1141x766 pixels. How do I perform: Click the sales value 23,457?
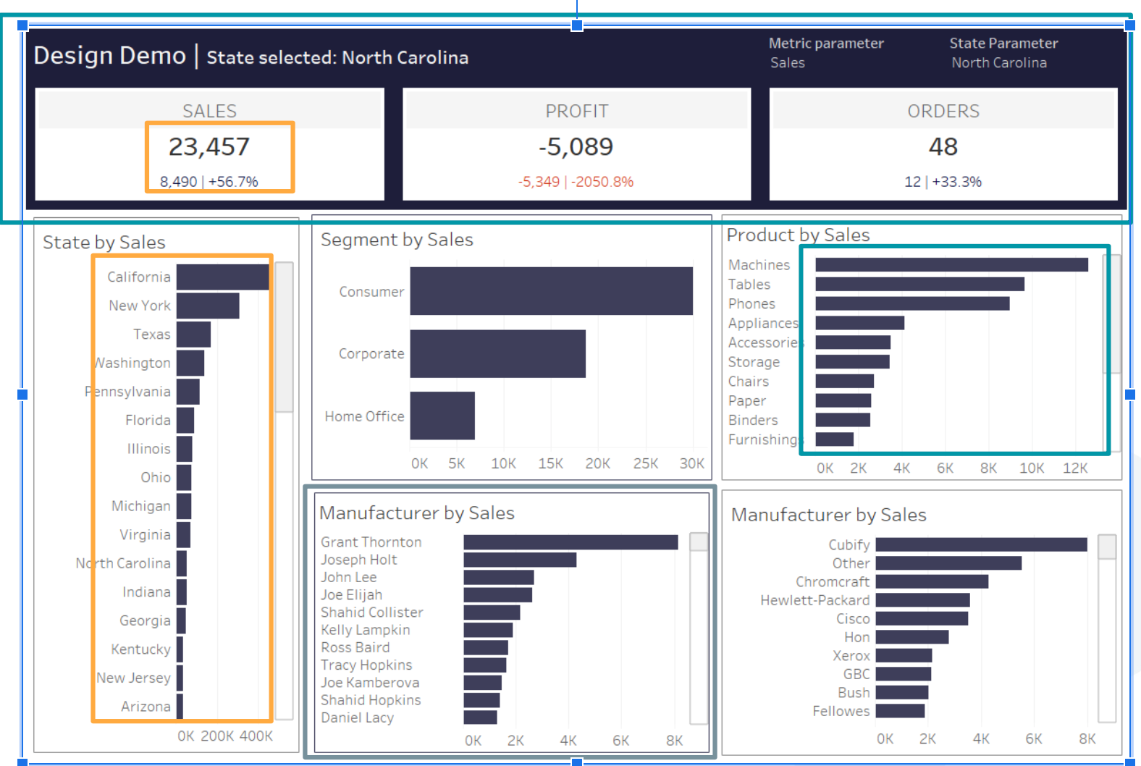pos(209,147)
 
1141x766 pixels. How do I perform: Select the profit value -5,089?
pos(576,147)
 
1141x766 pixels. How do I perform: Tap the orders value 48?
pos(943,147)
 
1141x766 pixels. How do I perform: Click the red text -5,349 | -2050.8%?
pos(576,182)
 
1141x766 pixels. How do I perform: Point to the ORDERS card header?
pos(943,111)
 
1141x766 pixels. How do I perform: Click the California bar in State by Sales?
pos(222,277)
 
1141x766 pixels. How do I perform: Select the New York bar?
pos(208,306)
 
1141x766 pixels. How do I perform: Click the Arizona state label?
pos(146,707)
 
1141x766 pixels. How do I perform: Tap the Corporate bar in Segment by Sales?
pos(497,354)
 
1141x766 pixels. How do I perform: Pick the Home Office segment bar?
pos(442,416)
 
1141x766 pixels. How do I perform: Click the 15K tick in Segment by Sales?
pos(550,463)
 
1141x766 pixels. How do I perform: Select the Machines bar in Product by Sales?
pos(951,265)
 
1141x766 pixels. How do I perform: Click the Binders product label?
pos(753,420)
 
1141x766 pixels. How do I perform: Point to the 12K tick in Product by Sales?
pos(1075,468)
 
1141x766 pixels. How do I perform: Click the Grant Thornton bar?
pos(570,542)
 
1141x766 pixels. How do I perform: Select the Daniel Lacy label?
pos(358,717)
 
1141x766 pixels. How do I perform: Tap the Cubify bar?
pos(981,544)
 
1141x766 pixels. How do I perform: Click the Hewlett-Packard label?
pos(814,600)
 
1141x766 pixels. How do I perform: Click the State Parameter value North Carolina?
pos(998,63)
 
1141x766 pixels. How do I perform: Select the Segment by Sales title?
pos(397,240)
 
